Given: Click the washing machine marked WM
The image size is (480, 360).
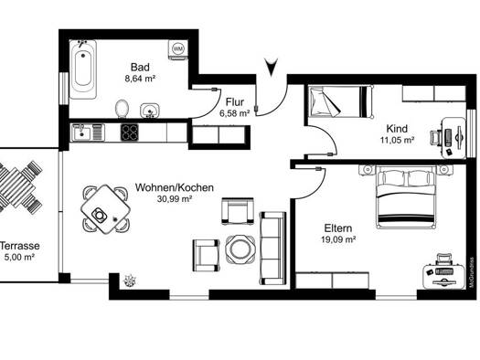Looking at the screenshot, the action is point(178,49).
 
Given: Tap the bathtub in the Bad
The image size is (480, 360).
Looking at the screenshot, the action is point(83,69).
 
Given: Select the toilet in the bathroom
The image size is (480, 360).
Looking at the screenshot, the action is point(123,109).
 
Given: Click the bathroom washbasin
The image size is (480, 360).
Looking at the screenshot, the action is point(150,111).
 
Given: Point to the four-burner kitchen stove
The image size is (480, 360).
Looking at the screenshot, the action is point(129,132).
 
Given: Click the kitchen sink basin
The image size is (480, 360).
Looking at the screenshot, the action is point(81,132).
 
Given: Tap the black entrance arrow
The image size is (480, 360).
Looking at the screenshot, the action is point(272,67).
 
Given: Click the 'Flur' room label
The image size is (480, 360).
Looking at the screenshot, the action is point(235,101).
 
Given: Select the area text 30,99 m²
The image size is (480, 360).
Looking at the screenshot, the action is point(175,199).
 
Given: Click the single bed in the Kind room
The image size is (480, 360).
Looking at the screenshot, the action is point(341,101).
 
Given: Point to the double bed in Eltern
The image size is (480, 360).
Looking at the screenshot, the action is point(406,197).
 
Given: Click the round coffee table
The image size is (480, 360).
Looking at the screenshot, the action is point(240,249).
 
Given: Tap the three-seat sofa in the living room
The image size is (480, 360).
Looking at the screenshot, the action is point(272,248).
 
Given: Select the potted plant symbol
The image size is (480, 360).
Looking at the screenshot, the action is point(130,281).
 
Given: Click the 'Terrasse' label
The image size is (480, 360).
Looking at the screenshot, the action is point(20,246).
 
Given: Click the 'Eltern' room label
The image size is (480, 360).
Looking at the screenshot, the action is point(338,228).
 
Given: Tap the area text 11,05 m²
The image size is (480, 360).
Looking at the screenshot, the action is point(398,141).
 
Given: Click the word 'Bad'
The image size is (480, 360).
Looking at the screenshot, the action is point(140,67).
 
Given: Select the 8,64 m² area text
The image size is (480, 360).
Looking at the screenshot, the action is point(140,79).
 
